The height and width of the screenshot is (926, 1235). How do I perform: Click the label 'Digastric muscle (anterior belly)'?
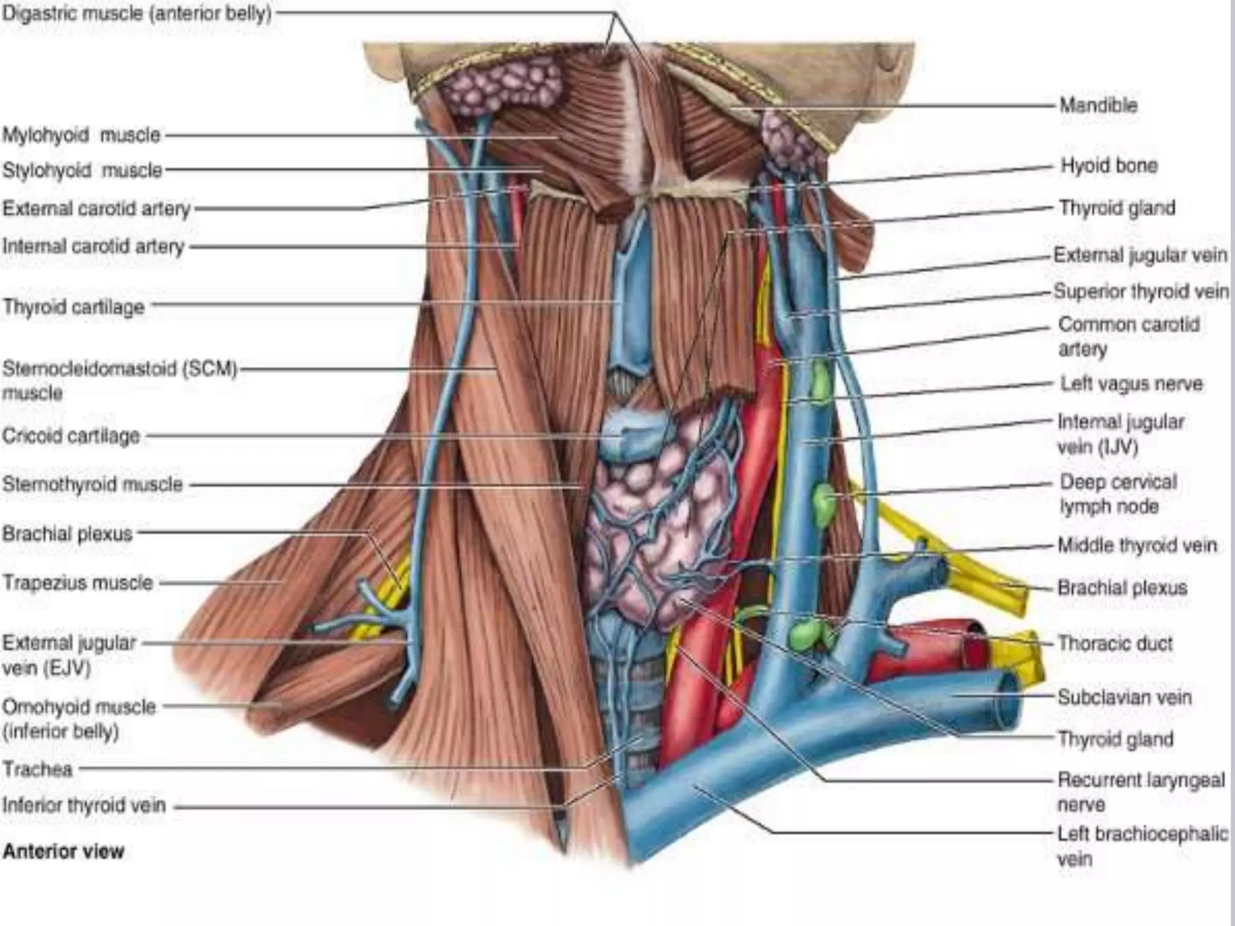(137, 13)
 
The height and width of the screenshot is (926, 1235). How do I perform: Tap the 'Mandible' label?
(1098, 106)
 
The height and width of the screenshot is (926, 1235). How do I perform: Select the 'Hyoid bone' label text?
(1109, 166)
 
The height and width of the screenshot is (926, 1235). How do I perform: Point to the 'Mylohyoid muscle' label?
(81, 135)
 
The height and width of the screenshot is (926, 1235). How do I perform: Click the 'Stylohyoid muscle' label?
(82, 171)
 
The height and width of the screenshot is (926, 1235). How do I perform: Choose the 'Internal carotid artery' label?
(93, 247)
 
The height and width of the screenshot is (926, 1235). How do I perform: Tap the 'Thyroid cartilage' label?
(74, 307)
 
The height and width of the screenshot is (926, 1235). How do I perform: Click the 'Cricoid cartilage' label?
(71, 436)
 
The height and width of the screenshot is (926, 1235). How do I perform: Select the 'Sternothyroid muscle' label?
(92, 484)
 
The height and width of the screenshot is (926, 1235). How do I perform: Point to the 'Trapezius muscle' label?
(78, 583)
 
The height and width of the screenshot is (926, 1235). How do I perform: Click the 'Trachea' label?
(37, 769)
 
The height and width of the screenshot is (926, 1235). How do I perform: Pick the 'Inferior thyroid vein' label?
(84, 805)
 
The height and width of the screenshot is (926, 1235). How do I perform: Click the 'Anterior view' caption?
(63, 851)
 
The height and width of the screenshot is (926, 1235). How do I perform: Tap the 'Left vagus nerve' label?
(1131, 384)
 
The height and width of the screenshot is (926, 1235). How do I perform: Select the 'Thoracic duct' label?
(1115, 643)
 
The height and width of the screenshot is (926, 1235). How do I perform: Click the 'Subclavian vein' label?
(1124, 698)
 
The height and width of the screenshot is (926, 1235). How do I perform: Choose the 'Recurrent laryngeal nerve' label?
(1141, 792)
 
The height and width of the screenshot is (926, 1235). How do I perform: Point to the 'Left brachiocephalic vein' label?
(1142, 846)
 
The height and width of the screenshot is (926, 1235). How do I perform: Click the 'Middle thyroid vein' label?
(1137, 546)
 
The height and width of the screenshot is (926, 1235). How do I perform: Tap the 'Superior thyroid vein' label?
(1141, 292)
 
